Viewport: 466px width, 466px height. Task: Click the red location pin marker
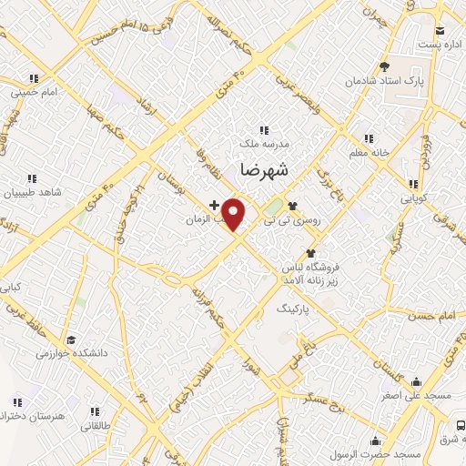click(x=234, y=214)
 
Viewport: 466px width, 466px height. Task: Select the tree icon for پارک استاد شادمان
click(x=385, y=66)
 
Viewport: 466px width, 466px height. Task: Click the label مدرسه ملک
click(x=265, y=144)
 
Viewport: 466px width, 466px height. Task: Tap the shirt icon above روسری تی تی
click(x=293, y=205)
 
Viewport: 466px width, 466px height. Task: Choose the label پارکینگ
click(x=296, y=309)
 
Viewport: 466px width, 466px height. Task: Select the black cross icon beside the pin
click(x=214, y=205)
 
